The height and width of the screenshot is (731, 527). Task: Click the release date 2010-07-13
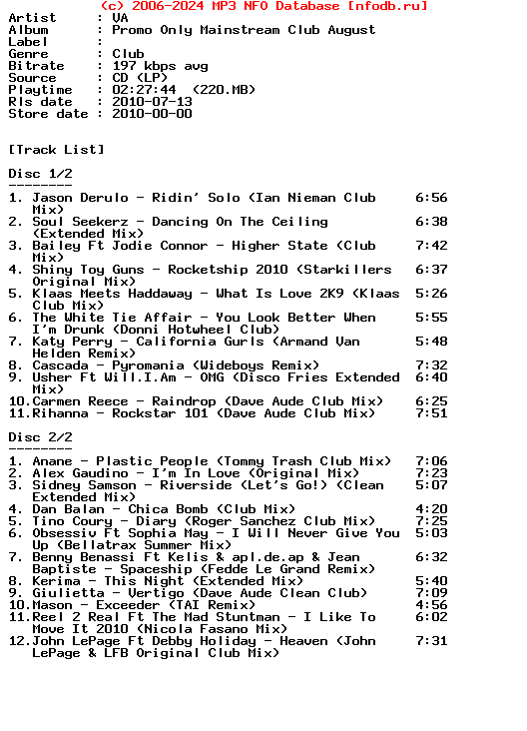(x=152, y=102)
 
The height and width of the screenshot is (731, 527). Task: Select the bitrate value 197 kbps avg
(x=160, y=66)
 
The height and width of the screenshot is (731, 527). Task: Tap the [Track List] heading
(x=56, y=150)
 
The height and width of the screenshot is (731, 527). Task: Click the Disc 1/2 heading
(x=40, y=174)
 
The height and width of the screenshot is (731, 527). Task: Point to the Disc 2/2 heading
(x=40, y=437)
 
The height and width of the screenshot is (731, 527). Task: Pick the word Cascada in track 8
(x=60, y=365)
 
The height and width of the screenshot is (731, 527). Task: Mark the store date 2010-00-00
(x=152, y=114)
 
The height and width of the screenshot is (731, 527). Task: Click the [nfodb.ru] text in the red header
(x=387, y=6)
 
